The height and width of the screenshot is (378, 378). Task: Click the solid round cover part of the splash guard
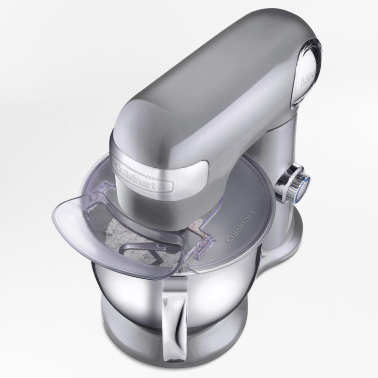(x=246, y=213)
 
